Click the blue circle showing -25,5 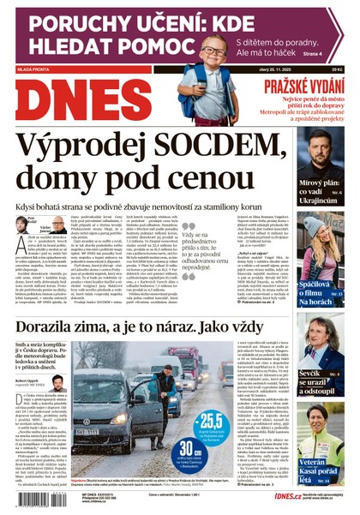point(207,426)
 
